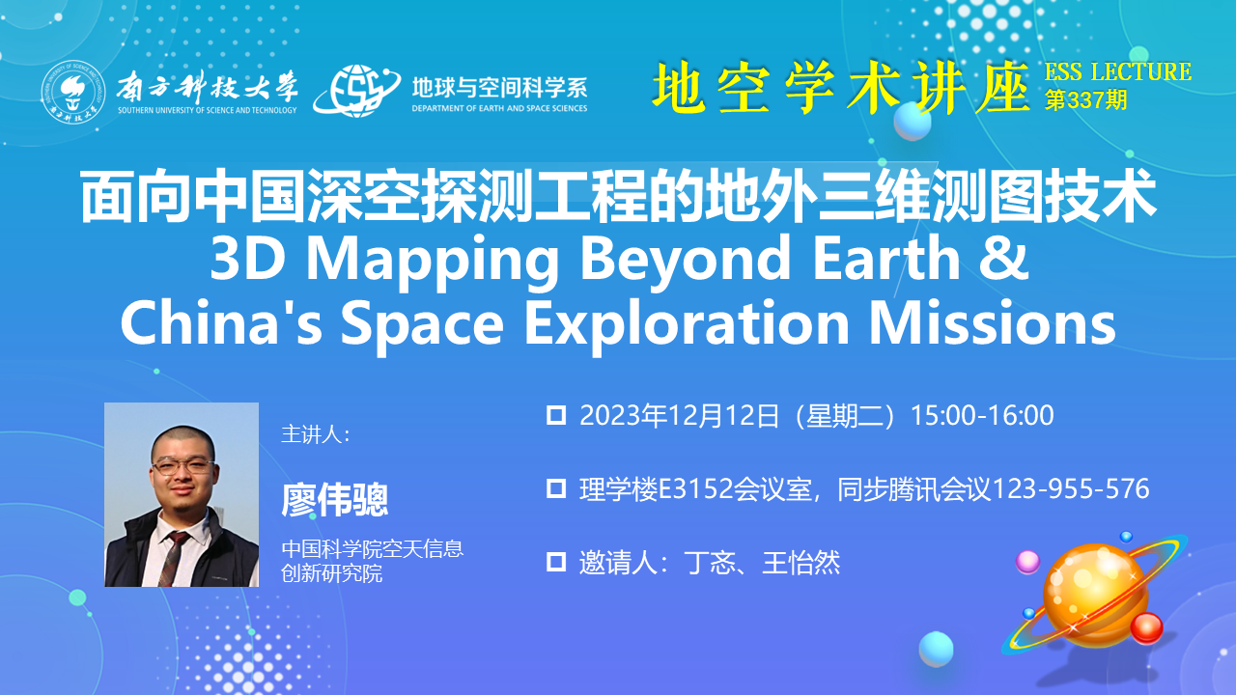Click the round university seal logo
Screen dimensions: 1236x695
pos(73,92)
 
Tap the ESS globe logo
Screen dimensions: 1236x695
pos(357,91)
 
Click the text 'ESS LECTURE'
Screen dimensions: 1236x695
pos(1118,71)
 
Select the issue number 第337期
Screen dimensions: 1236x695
pos(1085,100)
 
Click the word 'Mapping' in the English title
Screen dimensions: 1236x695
pos(432,261)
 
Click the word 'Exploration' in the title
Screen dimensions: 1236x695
pos(687,323)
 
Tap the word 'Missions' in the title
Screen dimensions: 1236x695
pos(993,322)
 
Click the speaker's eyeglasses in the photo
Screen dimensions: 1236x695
pos(183,466)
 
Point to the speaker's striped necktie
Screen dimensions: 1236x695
pos(174,557)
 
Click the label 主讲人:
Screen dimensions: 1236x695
pos(316,434)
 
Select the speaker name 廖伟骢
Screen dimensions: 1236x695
pos(335,500)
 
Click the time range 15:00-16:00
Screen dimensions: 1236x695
pos(982,415)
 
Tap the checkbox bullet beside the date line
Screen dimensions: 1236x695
pos(556,415)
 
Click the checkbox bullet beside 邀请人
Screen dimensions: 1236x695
pos(556,562)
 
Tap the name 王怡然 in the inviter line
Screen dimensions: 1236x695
pos(801,563)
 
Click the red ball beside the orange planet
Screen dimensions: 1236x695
pos(1146,627)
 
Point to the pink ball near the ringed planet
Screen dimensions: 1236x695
pos(1028,562)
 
